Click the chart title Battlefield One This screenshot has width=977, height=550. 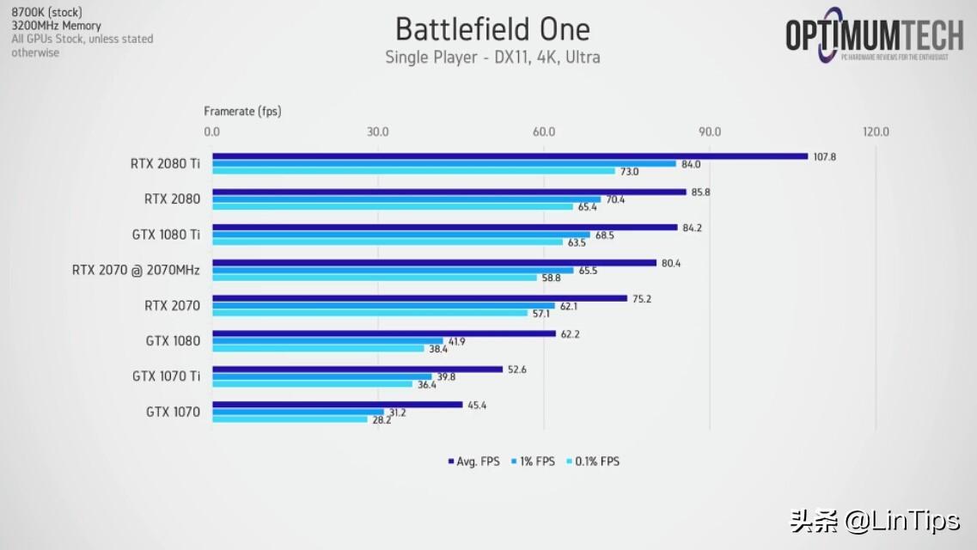point(492,29)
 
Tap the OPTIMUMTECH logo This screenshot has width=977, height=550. point(874,36)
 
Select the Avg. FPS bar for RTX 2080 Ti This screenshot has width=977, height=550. point(510,156)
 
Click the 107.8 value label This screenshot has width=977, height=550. point(824,156)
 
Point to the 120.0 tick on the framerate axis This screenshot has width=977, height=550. point(876,131)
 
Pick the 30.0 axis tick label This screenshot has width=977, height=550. point(377,131)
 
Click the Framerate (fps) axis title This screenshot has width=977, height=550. point(242,111)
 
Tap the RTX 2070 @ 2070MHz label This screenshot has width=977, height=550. point(136,270)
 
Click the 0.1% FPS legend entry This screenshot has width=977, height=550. point(594,461)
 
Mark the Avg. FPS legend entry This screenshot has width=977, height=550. point(473,461)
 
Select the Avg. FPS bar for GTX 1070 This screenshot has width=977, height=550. point(337,405)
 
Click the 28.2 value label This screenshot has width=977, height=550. point(382,420)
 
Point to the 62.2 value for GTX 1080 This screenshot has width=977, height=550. point(570,334)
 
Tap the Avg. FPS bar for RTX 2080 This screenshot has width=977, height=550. point(449,192)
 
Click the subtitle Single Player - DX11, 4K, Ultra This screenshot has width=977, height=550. point(492,58)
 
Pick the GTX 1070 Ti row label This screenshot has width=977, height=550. point(166,376)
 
